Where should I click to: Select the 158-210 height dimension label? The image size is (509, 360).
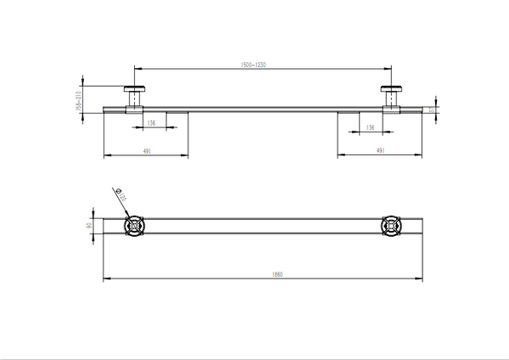79,99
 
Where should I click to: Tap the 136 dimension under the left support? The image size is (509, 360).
151,123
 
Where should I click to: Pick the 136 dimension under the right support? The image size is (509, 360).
370,127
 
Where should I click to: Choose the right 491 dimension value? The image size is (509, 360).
381,150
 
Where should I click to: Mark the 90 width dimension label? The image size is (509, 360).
91,226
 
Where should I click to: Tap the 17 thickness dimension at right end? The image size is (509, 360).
431,108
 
